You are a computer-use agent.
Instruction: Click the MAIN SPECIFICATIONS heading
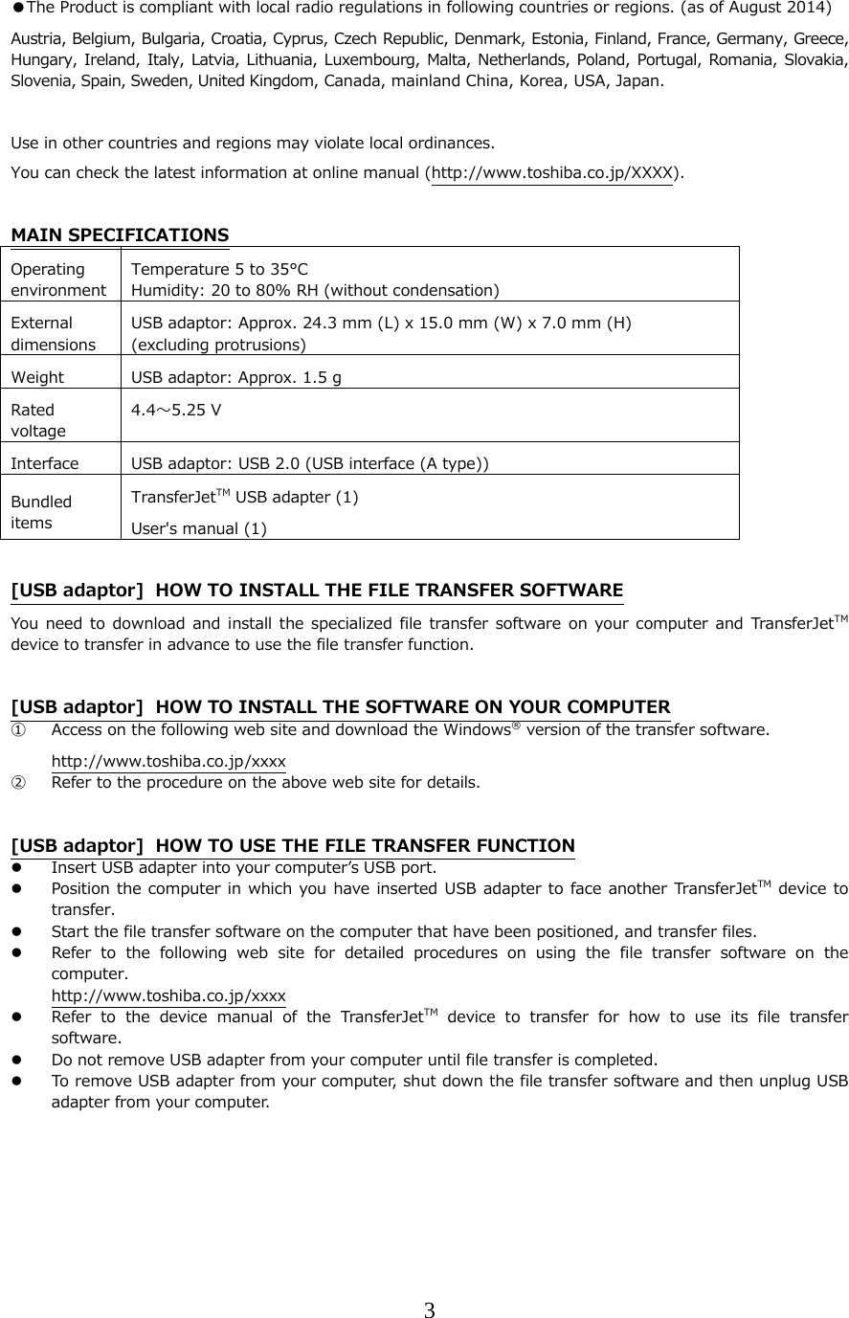tap(120, 235)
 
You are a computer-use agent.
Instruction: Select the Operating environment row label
tap(58, 279)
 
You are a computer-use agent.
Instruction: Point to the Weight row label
tap(38, 377)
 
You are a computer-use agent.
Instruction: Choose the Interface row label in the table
tap(45, 464)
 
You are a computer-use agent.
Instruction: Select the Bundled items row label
tap(41, 510)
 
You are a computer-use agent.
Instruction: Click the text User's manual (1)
tap(199, 527)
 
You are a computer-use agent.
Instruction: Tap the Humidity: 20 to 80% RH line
tap(314, 290)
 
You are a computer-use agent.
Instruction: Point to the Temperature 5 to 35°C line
tap(219, 270)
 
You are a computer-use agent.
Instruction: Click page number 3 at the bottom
tap(430, 1310)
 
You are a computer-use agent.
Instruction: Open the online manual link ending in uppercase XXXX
tap(551, 173)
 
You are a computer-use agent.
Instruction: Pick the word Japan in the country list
tap(636, 80)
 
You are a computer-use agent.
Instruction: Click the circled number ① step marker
tap(18, 731)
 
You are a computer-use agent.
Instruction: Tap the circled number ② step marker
tap(18, 782)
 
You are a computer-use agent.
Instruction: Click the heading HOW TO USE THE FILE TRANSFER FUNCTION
tap(365, 846)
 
